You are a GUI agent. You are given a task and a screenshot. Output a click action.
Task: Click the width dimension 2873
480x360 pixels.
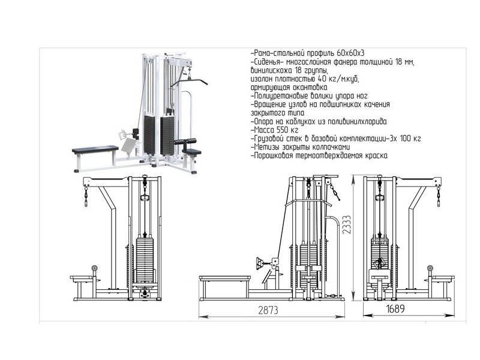pos(268,310)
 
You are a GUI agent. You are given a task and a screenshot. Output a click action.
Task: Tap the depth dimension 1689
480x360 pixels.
pos(395,308)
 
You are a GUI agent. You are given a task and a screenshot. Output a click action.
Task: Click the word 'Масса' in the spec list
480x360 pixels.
pos(264,130)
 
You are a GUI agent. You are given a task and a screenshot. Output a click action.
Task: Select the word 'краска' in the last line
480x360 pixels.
pos(376,155)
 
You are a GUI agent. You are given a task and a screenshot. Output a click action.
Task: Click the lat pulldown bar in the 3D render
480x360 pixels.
pos(189,82)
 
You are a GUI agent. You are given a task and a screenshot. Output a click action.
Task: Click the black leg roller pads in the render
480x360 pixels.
pos(185,141)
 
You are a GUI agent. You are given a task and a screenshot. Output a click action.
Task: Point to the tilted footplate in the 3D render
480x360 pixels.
pos(128,145)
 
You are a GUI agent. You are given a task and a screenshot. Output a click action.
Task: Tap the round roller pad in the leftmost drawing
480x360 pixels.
pos(95,268)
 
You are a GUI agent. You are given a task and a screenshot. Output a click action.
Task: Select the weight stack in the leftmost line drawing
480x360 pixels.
pos(145,260)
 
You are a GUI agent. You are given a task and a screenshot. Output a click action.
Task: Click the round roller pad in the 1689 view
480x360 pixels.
pos(430,268)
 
